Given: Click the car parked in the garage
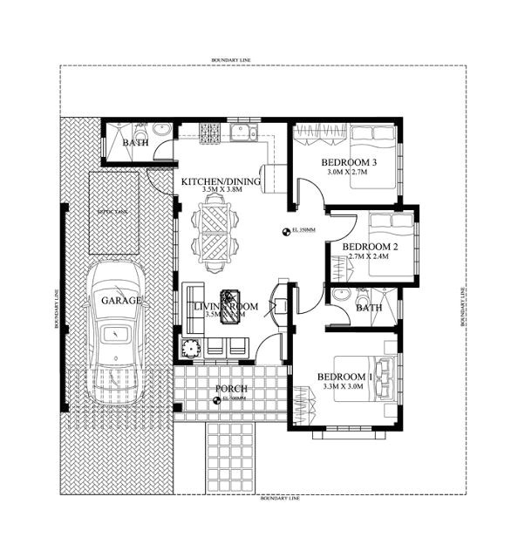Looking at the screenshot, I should tap(118, 318).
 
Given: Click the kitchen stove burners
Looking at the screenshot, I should tap(210, 133).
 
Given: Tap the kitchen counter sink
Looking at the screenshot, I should tap(242, 133).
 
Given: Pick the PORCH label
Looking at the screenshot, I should tap(230, 388).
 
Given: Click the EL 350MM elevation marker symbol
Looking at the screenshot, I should tap(286, 231).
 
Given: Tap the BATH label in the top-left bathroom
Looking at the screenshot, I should tap(135, 142).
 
